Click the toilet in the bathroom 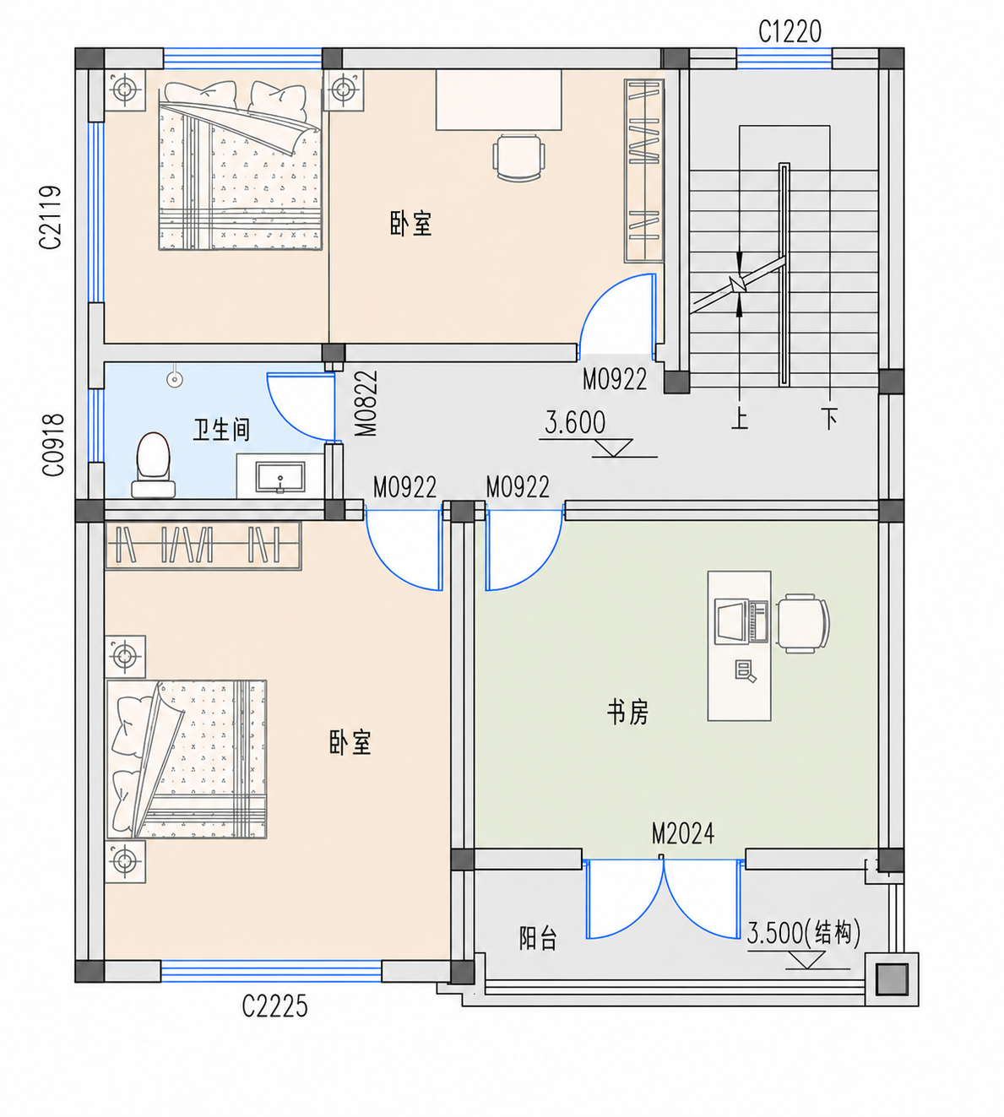point(153,465)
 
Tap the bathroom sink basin point(280,478)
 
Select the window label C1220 point(790,32)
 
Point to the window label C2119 point(50,217)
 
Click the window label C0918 point(53,445)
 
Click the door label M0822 point(366,404)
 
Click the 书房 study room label point(628,713)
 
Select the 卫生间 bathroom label point(221,430)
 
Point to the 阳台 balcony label point(538,938)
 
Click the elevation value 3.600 point(575,423)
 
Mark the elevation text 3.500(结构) point(803,933)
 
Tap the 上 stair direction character point(740,419)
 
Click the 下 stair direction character point(830,419)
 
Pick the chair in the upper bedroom point(519,158)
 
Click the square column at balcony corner point(892,979)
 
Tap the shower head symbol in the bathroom point(175,379)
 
